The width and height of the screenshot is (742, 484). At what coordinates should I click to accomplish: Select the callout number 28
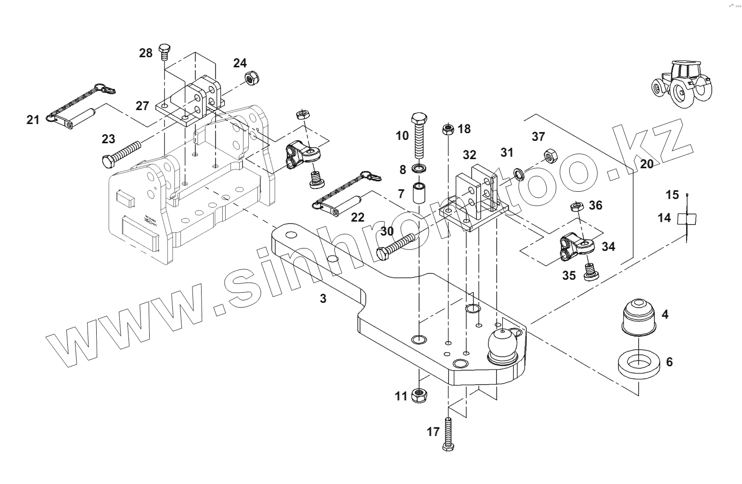click(145, 53)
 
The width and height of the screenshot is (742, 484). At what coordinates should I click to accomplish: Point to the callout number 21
click(33, 119)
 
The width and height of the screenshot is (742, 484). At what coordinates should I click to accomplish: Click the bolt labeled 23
click(120, 153)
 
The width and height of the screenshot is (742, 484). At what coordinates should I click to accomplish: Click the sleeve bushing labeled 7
click(419, 192)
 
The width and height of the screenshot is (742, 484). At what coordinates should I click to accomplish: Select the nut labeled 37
click(550, 155)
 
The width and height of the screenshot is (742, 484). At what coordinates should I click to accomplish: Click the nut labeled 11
click(421, 396)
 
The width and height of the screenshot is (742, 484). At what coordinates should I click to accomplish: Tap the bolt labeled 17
click(448, 434)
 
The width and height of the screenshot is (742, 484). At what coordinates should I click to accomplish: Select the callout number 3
click(323, 298)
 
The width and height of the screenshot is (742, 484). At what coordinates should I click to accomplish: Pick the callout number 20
click(647, 164)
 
